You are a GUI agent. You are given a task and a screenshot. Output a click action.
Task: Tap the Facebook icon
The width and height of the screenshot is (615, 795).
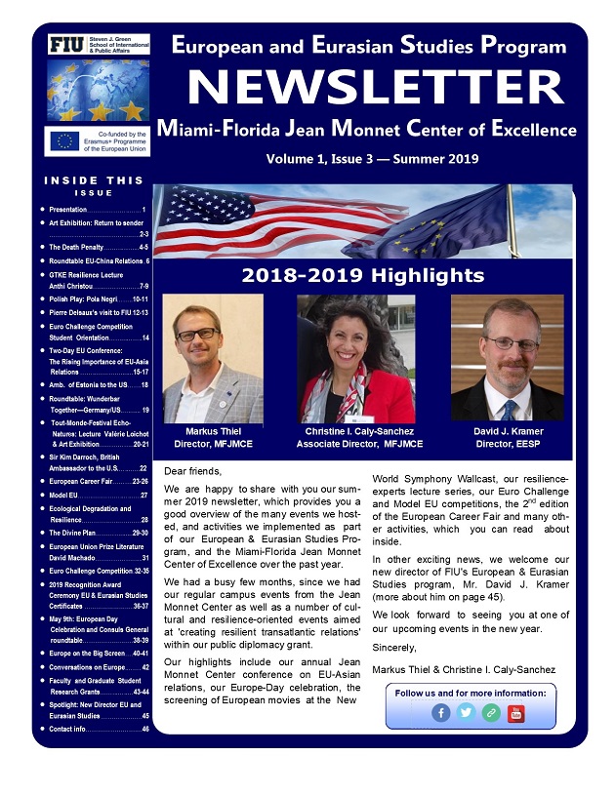(x=440, y=713)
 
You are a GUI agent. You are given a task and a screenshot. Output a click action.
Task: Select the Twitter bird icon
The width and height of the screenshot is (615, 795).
(x=466, y=713)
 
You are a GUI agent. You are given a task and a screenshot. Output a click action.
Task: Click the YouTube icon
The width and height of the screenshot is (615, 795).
(x=515, y=713)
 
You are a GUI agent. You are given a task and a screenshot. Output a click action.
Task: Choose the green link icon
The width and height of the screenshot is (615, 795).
(x=490, y=713)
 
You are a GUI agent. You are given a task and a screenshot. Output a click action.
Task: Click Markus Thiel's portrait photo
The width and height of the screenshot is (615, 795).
(x=213, y=358)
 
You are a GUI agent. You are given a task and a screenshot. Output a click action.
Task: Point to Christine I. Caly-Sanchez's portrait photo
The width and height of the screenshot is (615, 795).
(x=355, y=358)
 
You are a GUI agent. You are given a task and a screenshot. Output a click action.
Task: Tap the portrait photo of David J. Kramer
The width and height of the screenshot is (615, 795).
(x=507, y=358)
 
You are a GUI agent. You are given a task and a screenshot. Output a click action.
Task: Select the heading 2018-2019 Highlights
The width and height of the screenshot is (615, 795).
(x=363, y=275)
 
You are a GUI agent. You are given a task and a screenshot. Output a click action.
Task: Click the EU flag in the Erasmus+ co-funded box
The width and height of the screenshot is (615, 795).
(x=66, y=140)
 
